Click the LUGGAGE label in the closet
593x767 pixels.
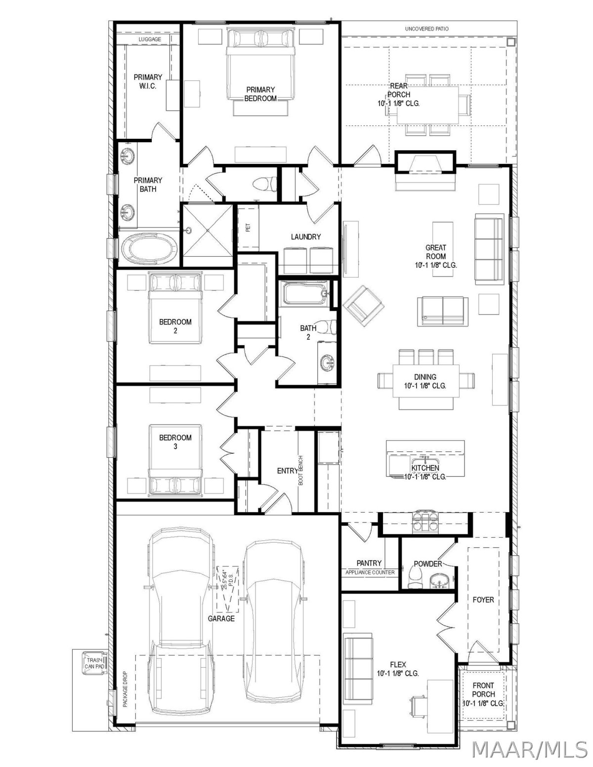click(150, 39)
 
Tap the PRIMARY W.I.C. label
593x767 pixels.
click(148, 81)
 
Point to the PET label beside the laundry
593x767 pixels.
click(248, 227)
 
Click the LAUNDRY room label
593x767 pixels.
click(306, 237)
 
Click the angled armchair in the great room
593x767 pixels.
click(364, 306)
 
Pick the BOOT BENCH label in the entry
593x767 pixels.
click(301, 470)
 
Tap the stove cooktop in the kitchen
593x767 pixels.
click(425, 522)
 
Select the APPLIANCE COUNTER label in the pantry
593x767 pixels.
click(370, 572)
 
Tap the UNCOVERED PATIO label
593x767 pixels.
click(426, 29)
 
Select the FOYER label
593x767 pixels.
click(483, 600)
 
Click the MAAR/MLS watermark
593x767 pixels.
click(529, 748)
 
